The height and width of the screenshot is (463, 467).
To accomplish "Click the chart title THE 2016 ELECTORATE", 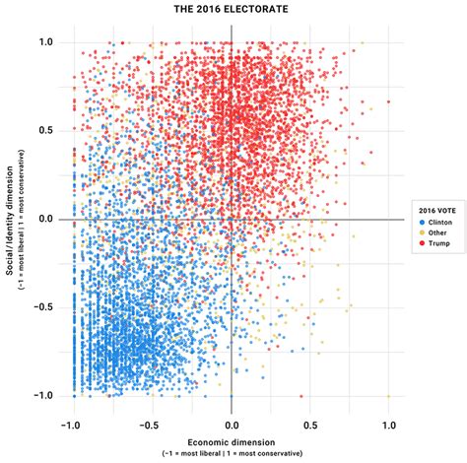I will click(232, 10).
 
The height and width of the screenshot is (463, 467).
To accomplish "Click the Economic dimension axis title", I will click(232, 442).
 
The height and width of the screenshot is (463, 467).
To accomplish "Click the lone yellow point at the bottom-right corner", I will click(388, 395).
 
